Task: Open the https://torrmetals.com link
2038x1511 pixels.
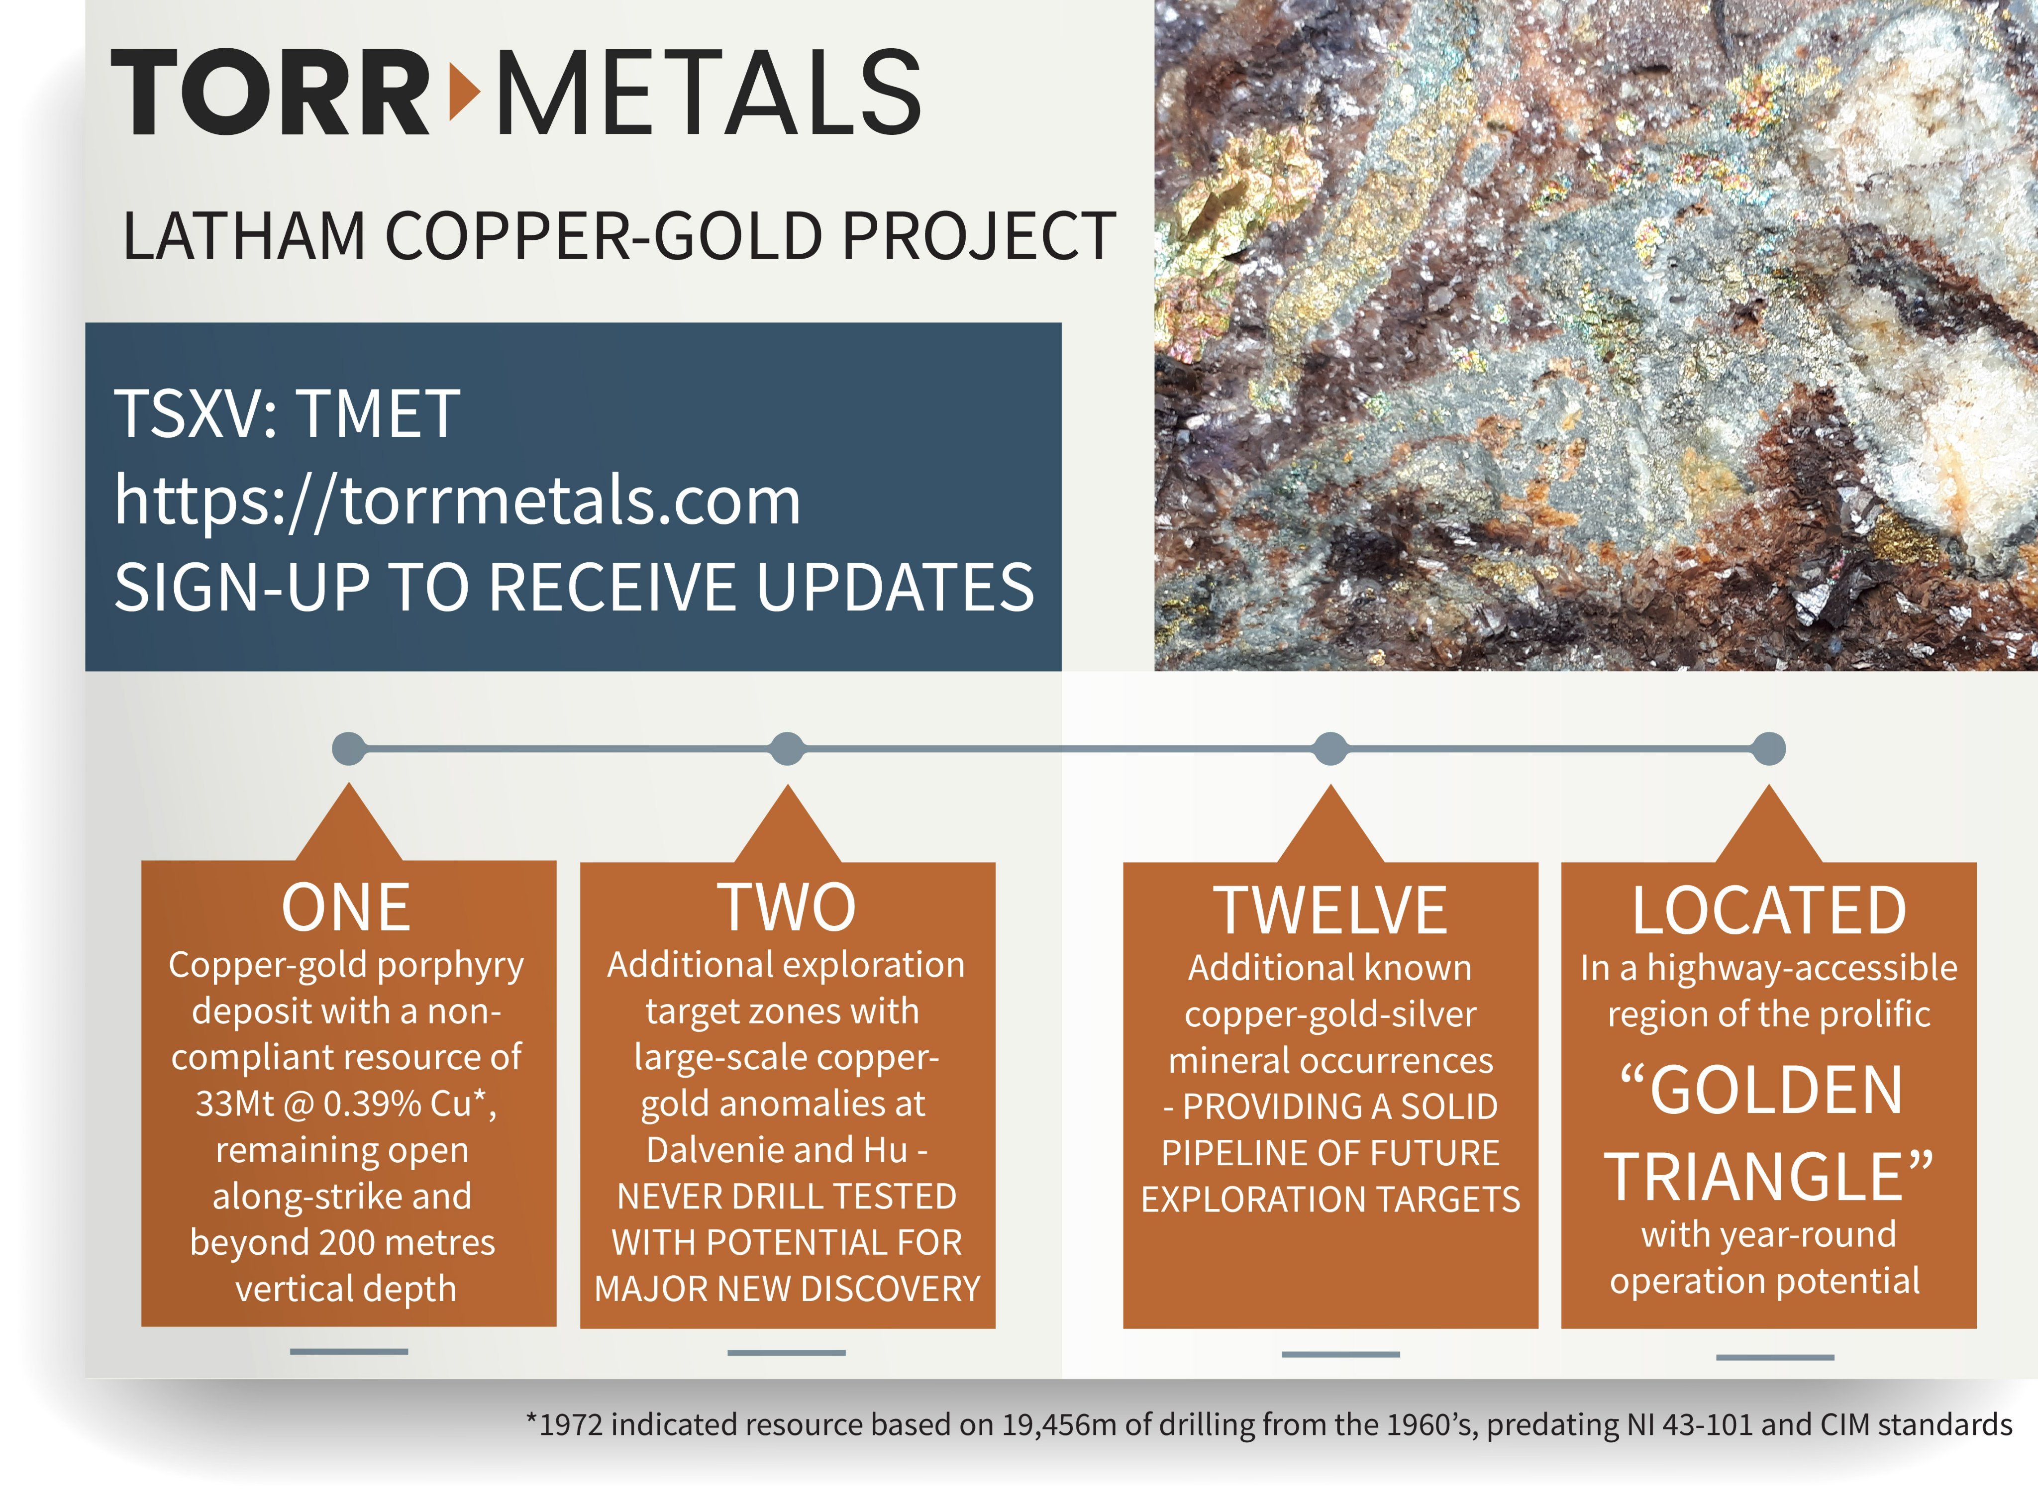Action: point(457,501)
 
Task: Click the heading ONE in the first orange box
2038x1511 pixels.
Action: point(347,908)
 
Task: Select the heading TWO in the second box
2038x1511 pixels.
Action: point(787,908)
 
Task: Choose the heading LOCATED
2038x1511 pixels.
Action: point(1769,911)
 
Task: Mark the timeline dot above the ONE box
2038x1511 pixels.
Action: point(348,748)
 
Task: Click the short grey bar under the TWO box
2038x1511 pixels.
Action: point(787,1352)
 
